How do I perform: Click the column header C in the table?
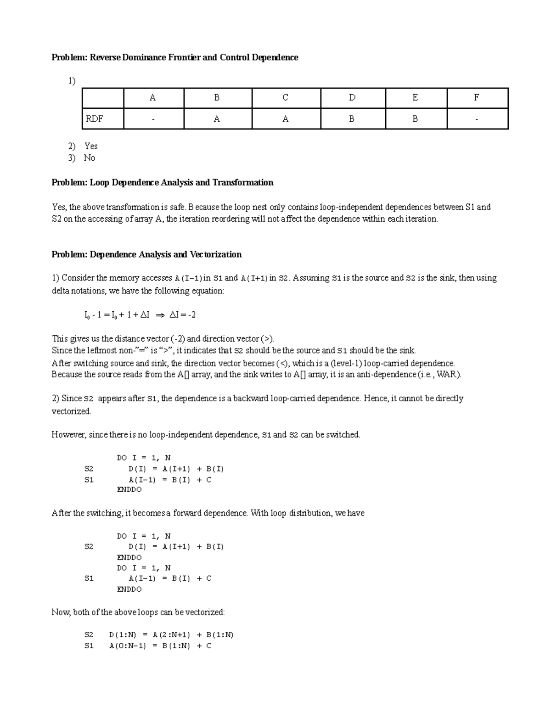285,98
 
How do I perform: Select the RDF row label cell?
94,119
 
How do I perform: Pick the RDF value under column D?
351,119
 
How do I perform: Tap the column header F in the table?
477,98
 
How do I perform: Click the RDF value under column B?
217,119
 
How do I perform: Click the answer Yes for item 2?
91,146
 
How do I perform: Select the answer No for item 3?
90,158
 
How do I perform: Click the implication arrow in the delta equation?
160,315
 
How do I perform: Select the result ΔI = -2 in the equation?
183,315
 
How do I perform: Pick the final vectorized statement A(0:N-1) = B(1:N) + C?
160,646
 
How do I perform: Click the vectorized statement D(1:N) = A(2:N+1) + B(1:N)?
171,635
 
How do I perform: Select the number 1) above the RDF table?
72,81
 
